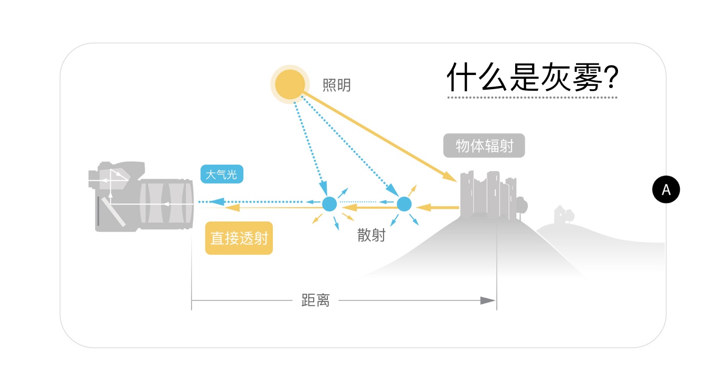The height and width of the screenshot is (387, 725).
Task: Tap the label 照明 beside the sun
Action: pos(337,85)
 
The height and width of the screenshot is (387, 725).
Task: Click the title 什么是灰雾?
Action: pos(532,78)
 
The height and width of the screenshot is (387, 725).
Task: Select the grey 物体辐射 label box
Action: pos(484,145)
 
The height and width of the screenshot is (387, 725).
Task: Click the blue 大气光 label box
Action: pos(221,174)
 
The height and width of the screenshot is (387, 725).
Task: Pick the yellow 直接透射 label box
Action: pos(239,238)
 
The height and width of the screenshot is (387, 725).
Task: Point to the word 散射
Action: pos(371,235)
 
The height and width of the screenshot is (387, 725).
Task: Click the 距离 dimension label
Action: pos(315,300)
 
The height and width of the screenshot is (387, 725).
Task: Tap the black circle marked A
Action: pos(666,189)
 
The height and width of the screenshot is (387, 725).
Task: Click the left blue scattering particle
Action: pos(329,203)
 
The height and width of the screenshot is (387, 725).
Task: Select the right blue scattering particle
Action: pos(404,203)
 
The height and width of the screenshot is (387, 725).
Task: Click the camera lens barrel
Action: pos(165,205)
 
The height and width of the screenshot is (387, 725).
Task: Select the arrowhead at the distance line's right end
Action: pos(488,300)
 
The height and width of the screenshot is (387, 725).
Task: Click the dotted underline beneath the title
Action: pos(532,98)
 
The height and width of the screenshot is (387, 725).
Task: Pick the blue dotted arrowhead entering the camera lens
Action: pos(218,201)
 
